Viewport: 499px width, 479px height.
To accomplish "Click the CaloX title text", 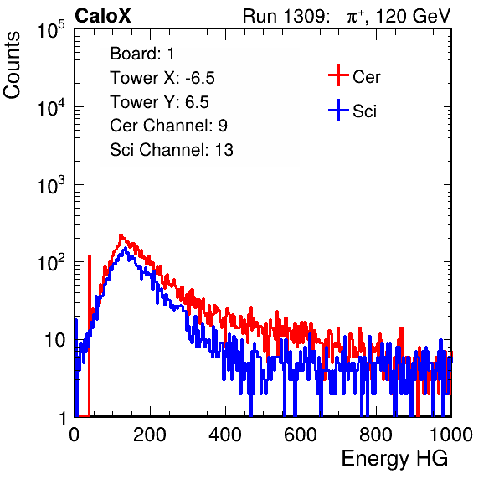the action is tap(102, 16).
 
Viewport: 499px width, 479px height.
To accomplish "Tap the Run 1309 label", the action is tap(286, 16).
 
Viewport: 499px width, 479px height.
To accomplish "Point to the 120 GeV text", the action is tap(413, 16).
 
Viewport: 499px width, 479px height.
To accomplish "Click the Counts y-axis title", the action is tap(12, 65).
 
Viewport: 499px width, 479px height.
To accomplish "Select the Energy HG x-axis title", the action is tap(394, 459).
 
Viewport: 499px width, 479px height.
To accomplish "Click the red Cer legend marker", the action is tap(338, 75).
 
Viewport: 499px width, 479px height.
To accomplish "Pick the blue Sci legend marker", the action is tap(338, 110).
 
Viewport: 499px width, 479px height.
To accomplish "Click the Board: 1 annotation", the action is tap(142, 54).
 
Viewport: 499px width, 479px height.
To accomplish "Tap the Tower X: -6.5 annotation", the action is tap(162, 78).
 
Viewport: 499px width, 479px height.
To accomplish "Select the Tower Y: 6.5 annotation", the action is tap(159, 102).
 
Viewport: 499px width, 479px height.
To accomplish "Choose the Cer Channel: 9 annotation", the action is tap(168, 126).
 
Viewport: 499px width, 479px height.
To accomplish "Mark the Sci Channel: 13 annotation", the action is tap(172, 150).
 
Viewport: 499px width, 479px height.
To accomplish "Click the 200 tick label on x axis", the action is tap(150, 435).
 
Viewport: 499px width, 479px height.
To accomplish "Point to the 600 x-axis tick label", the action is tap(301, 435).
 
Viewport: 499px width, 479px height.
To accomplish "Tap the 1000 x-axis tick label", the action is tap(451, 435).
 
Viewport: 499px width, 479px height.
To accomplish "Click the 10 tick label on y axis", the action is tap(55, 340).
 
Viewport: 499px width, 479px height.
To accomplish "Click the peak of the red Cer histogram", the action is tap(121, 235).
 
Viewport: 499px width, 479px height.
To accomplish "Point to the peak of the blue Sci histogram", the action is tap(126, 248).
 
